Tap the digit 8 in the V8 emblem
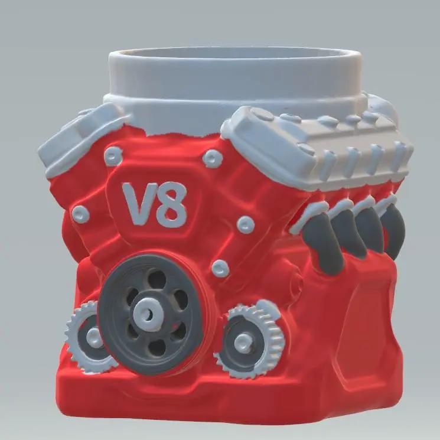click(171, 204)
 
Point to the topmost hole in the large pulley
click(156, 278)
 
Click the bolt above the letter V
click(113, 156)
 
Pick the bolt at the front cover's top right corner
click(213, 158)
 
